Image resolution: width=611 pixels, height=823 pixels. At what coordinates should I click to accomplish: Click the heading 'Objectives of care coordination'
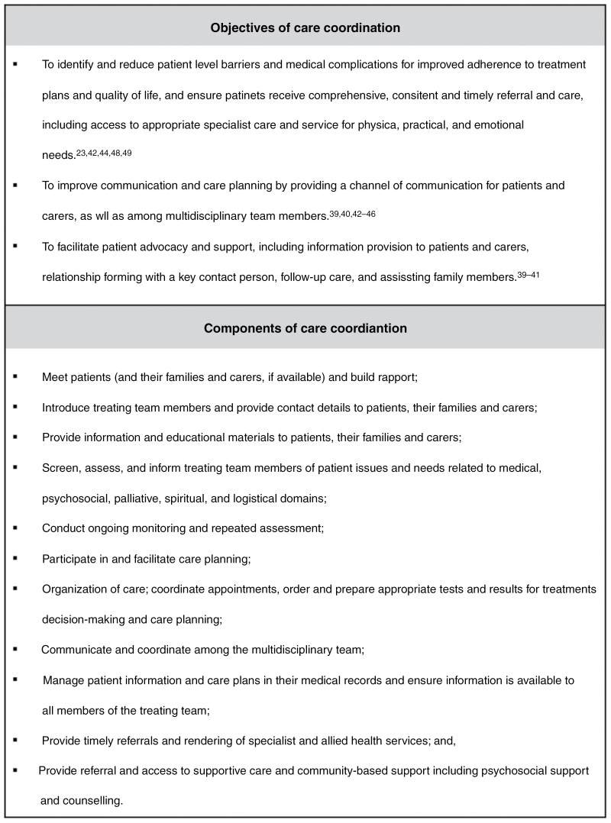click(305, 28)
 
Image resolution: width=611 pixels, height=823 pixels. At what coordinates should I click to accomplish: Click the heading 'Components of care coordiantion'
click(305, 329)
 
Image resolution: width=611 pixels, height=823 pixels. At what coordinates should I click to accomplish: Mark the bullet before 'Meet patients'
click(15, 377)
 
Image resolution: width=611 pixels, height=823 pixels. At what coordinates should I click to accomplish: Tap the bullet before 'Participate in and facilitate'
click(15, 558)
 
